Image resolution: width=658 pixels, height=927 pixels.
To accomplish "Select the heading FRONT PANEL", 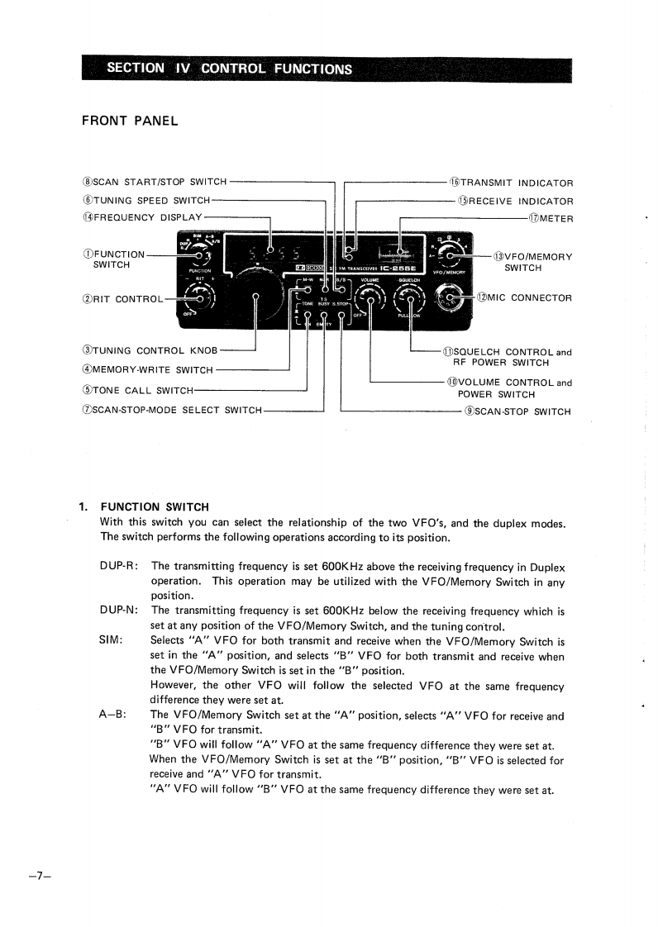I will point(130,121).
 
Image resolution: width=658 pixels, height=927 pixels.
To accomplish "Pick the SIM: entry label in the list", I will point(112,640).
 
